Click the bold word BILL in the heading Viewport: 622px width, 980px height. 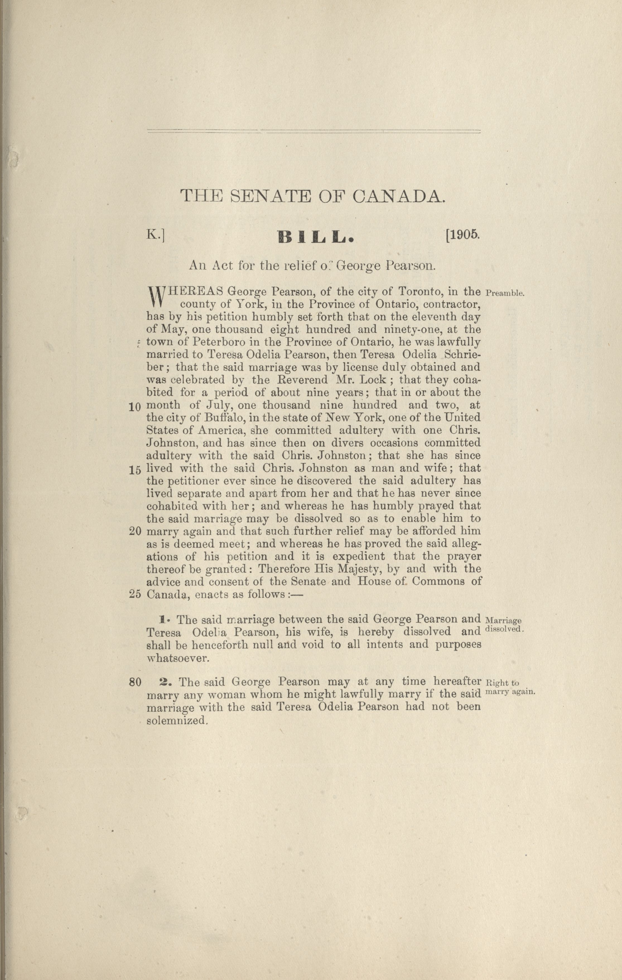pos(315,237)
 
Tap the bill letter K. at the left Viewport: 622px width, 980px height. pos(155,236)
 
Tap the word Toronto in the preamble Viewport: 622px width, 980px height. pos(417,292)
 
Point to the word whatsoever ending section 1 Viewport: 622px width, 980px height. pos(178,658)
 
